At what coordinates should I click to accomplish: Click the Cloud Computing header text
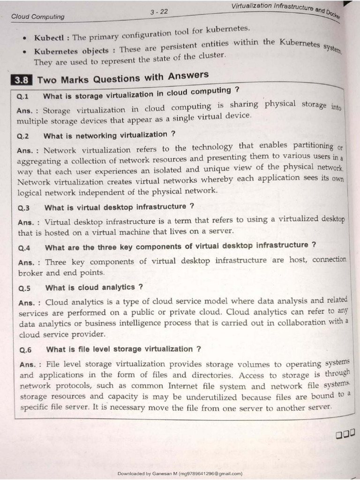(38, 16)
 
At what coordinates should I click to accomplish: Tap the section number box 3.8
(22, 80)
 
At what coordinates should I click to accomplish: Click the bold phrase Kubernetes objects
(71, 51)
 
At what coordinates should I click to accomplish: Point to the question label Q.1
(23, 97)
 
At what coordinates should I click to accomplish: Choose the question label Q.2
(23, 137)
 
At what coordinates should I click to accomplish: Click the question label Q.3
(24, 208)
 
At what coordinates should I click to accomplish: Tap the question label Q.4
(24, 247)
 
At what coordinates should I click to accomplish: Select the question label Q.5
(25, 288)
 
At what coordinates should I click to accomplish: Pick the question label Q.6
(25, 350)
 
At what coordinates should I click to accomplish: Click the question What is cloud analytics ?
(94, 287)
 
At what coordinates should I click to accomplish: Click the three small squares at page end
(345, 435)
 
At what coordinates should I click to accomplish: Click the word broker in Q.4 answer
(30, 273)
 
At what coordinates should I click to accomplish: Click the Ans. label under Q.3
(28, 222)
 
